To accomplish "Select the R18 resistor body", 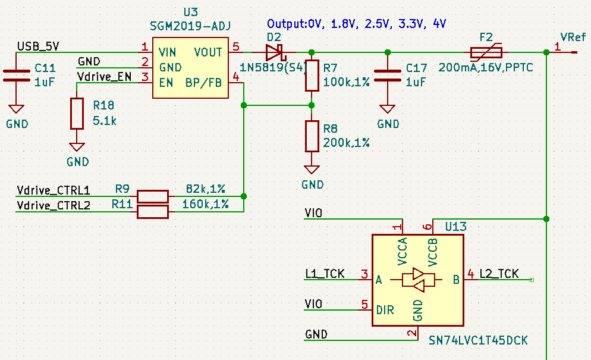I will coord(77,113).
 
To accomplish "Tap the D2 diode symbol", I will coord(276,52).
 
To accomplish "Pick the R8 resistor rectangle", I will coord(312,136).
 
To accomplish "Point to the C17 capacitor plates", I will coord(388,76).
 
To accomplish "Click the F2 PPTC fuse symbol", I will coord(486,52).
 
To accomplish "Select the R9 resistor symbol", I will coord(153,196).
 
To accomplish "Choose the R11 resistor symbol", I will coord(153,211).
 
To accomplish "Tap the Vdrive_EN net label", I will coord(104,76).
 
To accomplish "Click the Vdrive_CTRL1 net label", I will coord(54,190).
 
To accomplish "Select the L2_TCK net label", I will coord(499,274).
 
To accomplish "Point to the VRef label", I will coord(573,37).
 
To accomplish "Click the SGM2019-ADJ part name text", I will coord(191,26).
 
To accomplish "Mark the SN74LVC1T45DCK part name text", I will coord(478,340).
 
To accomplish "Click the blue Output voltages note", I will coord(356,24).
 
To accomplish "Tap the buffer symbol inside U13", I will coord(419,280).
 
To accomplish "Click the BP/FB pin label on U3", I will coord(203,83).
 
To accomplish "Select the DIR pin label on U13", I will coord(385,310).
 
